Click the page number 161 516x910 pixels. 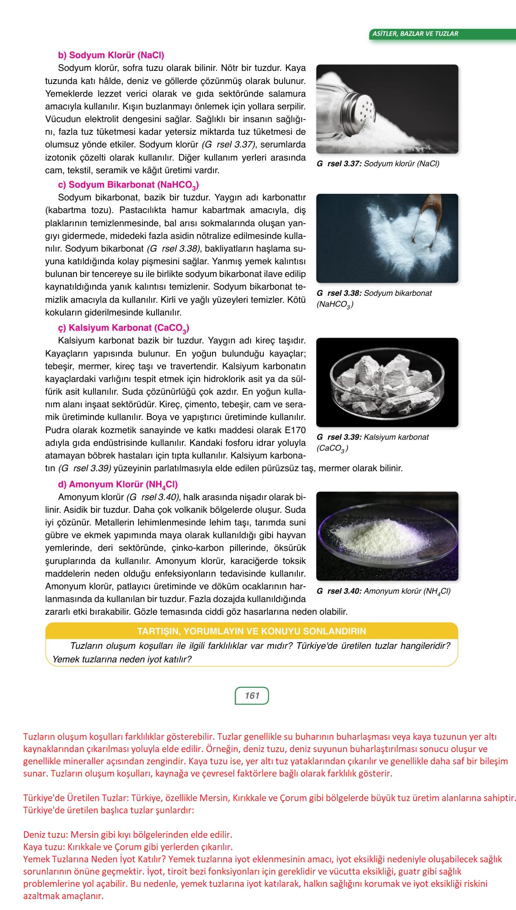click(x=252, y=696)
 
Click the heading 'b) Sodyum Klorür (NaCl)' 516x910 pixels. click(x=111, y=56)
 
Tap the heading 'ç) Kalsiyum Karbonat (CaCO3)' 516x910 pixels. click(x=123, y=328)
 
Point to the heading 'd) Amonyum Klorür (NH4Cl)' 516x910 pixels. click(x=118, y=485)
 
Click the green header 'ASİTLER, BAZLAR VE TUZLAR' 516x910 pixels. click(x=415, y=34)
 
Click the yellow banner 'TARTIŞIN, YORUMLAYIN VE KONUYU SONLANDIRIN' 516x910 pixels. click(x=251, y=631)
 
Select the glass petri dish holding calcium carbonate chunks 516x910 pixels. click(x=387, y=383)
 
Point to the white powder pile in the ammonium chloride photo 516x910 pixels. click(x=380, y=534)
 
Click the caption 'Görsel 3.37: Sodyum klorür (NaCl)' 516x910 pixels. click(x=378, y=164)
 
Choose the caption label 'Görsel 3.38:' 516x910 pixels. click(x=339, y=293)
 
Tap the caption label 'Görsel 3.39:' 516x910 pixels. click(x=339, y=437)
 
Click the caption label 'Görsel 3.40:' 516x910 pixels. click(x=339, y=591)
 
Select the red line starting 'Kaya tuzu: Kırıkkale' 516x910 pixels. click(x=128, y=846)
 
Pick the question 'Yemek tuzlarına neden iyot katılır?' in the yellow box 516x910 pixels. click(x=122, y=659)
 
